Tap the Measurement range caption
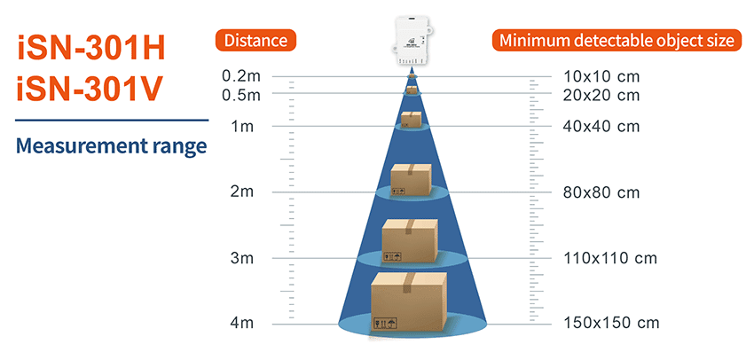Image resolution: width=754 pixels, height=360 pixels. pos(112,145)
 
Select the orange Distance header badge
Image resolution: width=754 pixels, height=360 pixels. pos(255,41)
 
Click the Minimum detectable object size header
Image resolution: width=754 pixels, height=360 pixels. pos(616,41)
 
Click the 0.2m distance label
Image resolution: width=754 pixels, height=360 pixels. pos(240,76)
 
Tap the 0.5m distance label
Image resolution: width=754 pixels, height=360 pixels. pos(240,94)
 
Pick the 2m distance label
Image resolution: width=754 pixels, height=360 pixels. pos(241,192)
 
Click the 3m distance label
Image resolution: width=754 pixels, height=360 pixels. pos(241,258)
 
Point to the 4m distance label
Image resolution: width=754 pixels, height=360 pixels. pos(241,323)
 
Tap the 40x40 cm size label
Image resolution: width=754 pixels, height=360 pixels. pos(601,127)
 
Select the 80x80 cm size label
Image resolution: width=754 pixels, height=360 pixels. pos(601,192)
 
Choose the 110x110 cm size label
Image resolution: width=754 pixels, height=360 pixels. pos(609,258)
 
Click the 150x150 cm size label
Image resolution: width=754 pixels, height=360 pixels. pos(611,323)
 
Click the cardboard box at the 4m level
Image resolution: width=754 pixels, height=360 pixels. pos(408,301)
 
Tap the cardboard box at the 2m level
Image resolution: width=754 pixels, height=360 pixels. pos(411,180)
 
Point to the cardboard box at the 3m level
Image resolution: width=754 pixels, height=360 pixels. pos(409,241)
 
